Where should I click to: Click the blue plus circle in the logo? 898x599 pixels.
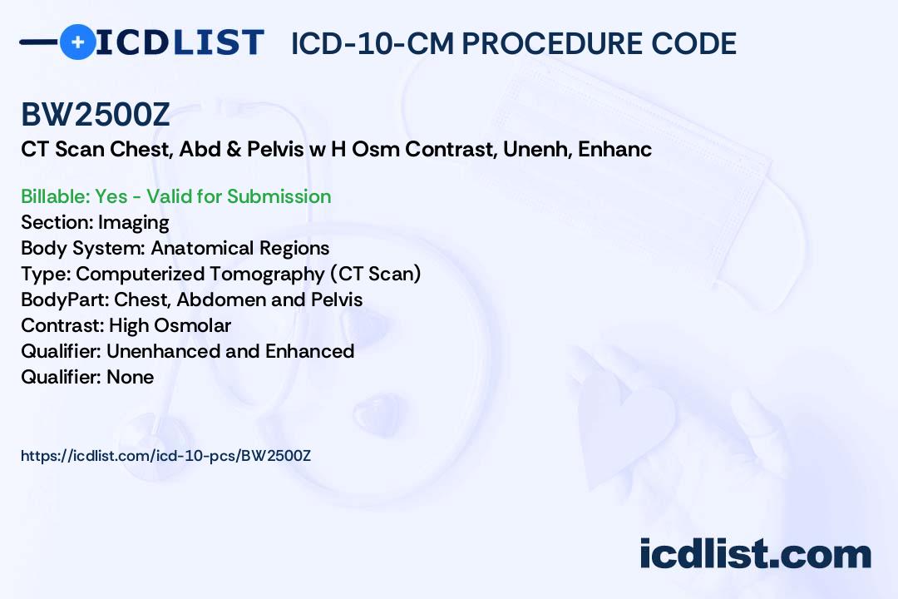coord(77,42)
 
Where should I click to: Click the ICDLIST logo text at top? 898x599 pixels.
coord(180,42)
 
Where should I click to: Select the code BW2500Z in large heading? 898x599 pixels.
coord(96,116)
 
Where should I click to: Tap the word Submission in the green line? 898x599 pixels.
coord(279,196)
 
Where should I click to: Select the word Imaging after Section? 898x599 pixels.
coord(133,222)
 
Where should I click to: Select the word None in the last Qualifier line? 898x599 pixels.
coord(130,377)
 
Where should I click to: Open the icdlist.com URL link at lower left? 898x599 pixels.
coord(165,455)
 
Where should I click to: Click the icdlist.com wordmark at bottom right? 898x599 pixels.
coord(755,553)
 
